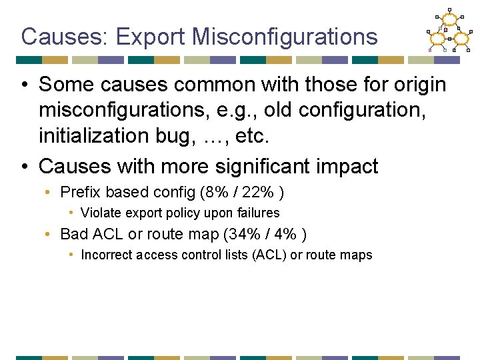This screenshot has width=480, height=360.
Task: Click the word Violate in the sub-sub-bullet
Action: click(99, 213)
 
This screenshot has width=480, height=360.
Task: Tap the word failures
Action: click(257, 213)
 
